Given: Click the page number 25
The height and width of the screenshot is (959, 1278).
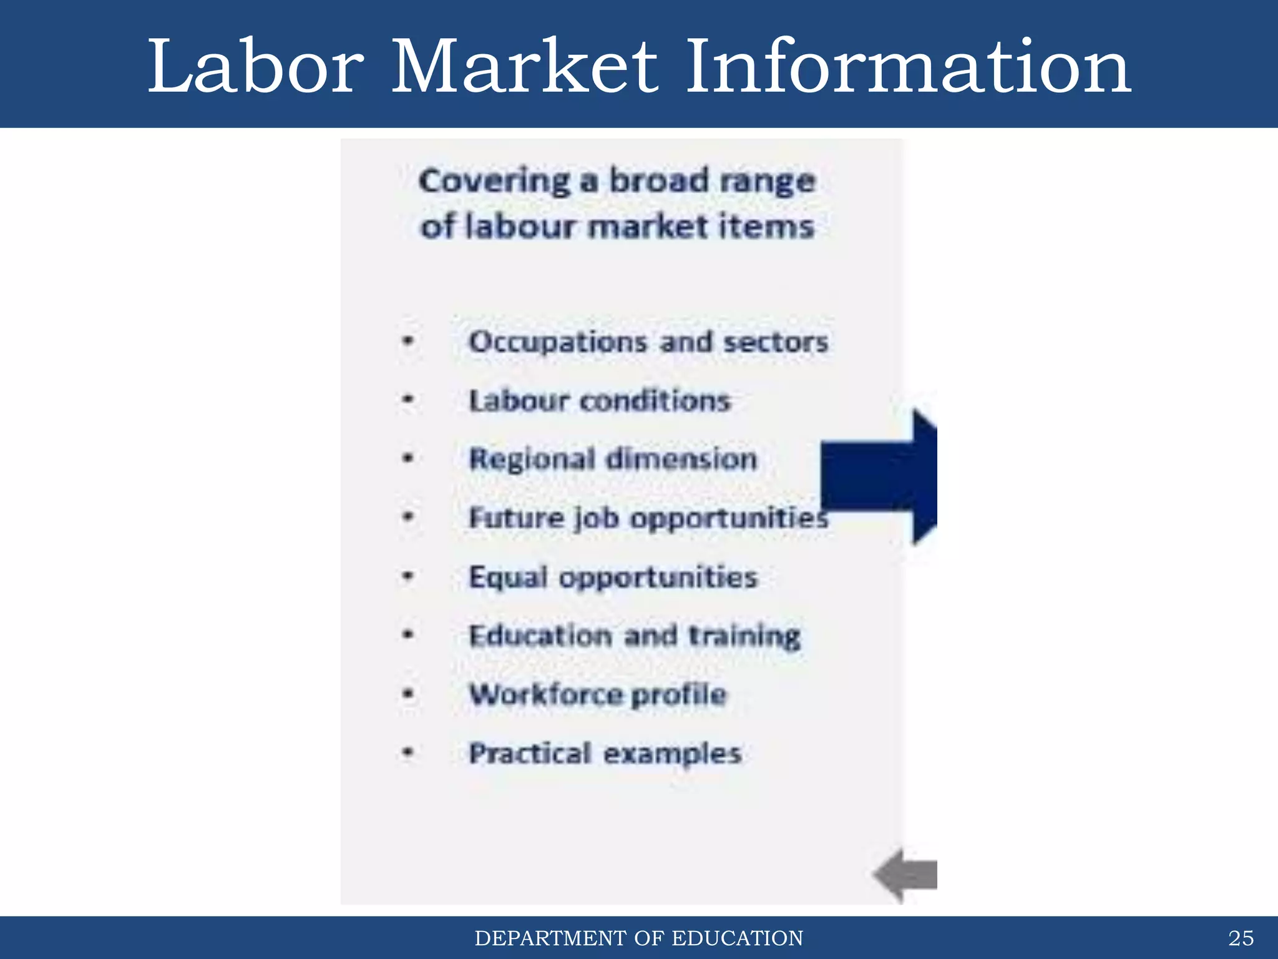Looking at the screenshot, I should click(x=1241, y=938).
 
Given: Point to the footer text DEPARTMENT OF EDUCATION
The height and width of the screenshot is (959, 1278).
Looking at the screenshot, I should click(x=638, y=938).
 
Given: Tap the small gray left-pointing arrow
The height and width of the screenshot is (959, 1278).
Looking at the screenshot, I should click(x=906, y=875).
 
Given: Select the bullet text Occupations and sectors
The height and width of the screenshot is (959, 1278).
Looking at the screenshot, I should click(x=648, y=342).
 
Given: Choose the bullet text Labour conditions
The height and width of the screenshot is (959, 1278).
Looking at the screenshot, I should click(x=599, y=401).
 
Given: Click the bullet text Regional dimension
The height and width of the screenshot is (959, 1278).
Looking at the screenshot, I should click(x=613, y=459).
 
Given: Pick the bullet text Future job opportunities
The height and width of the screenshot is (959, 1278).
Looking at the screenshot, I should click(x=648, y=518).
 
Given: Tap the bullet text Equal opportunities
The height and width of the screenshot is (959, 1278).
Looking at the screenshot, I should click(x=613, y=577).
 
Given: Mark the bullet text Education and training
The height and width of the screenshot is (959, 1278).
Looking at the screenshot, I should click(x=634, y=636).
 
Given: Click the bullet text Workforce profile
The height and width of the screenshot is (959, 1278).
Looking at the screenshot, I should click(x=598, y=694).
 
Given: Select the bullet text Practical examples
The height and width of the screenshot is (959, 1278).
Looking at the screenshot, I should click(x=605, y=754).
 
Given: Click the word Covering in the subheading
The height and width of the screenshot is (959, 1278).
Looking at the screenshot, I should click(x=494, y=182).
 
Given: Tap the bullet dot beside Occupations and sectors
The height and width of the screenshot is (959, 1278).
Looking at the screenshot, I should click(x=408, y=341).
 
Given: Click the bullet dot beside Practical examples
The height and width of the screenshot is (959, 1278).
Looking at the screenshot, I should click(x=408, y=752).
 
